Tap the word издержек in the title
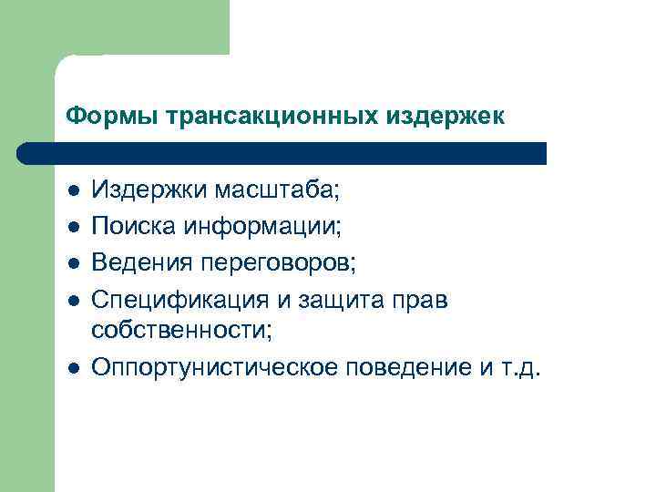pos(446,117)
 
